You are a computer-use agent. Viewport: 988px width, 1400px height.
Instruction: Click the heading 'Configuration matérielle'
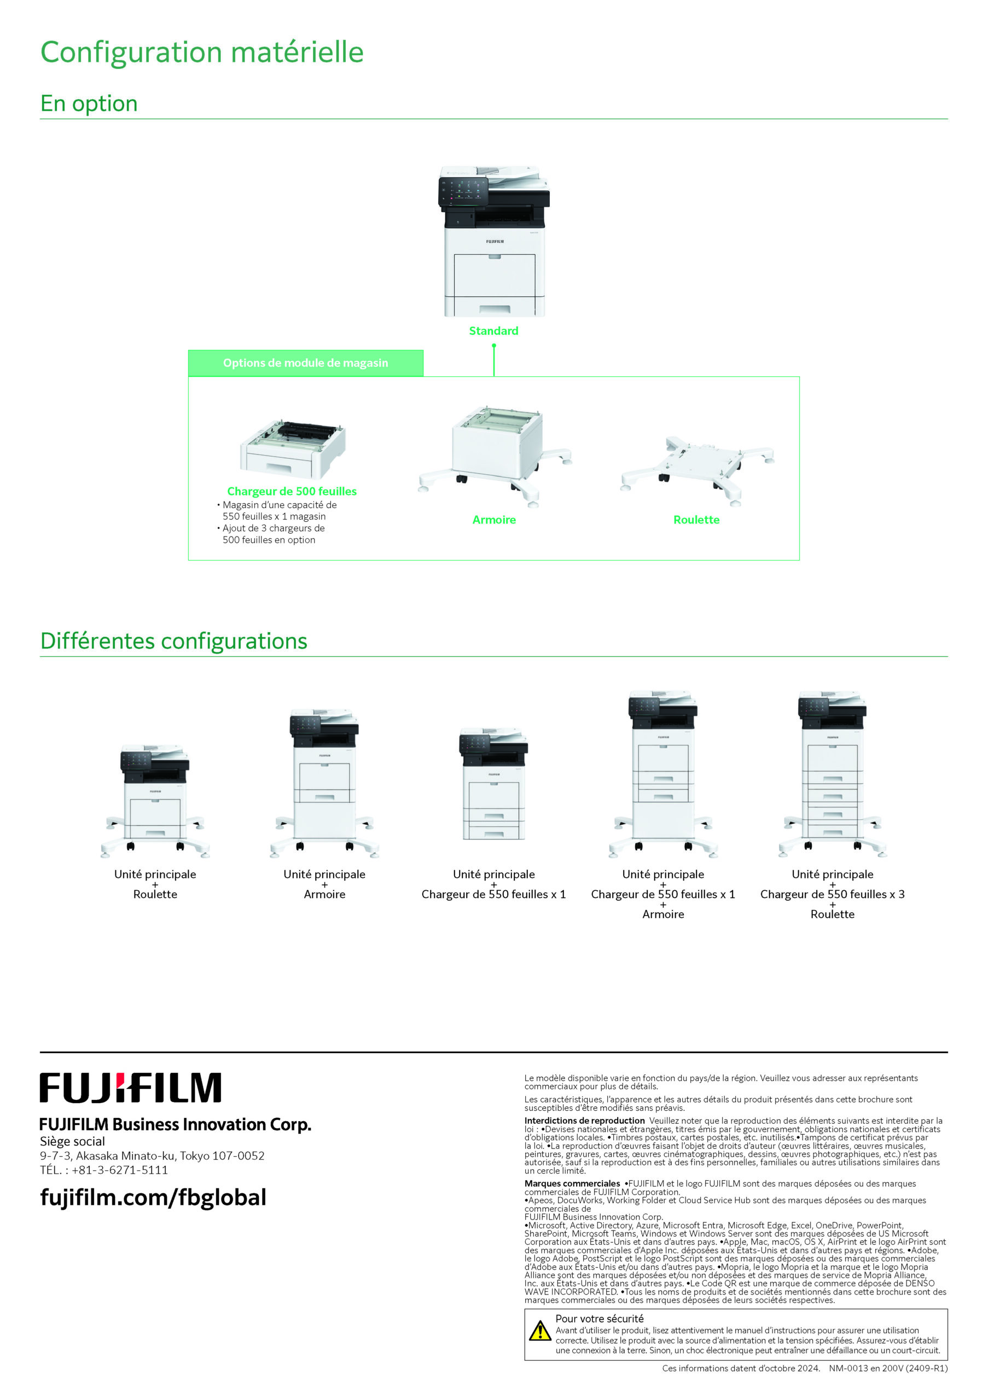click(x=202, y=52)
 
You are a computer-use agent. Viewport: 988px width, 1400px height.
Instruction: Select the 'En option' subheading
click(x=89, y=104)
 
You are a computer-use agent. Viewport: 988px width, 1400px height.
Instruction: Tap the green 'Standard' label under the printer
click(x=493, y=330)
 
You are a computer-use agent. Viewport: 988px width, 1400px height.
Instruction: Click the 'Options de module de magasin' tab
click(x=306, y=363)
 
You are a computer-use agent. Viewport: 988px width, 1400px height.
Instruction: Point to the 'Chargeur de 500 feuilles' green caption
click(x=292, y=491)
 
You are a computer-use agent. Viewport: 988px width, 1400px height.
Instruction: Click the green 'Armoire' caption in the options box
click(x=494, y=520)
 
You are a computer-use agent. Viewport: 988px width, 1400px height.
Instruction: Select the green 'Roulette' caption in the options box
click(x=696, y=520)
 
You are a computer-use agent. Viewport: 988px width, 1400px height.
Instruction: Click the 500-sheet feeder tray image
click(x=293, y=449)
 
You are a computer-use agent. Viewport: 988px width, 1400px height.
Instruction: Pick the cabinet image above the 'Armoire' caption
click(x=495, y=456)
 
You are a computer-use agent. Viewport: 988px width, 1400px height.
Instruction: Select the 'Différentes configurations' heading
click(x=174, y=641)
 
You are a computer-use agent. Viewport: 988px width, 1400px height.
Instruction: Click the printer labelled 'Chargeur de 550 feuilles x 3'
click(x=833, y=774)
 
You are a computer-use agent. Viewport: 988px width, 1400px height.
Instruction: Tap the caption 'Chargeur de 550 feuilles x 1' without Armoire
click(x=493, y=894)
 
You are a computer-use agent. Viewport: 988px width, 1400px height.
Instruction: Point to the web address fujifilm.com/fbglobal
click(x=153, y=1197)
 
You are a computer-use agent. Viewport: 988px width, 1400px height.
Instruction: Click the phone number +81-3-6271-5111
click(x=120, y=1170)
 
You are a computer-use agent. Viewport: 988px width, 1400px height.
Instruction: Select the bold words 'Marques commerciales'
click(x=572, y=1183)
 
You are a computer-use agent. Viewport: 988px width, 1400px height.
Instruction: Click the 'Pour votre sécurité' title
click(x=599, y=1319)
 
